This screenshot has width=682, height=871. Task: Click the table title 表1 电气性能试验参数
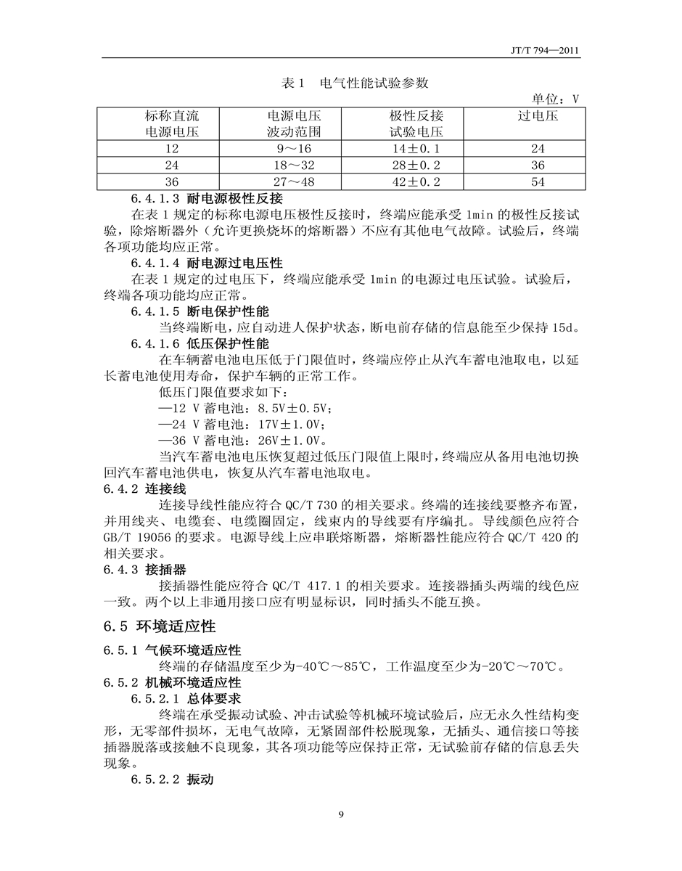point(355,83)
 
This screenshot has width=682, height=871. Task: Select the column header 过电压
point(538,115)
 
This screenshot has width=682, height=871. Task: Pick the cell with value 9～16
point(294,148)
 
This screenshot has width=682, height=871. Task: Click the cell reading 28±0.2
point(416,165)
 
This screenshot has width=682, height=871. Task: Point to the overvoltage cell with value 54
point(538,181)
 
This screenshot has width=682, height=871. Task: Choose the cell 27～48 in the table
point(294,181)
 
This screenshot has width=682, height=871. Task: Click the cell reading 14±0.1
point(416,148)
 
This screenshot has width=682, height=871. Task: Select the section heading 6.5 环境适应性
point(160,626)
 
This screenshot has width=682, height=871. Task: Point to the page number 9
point(341,814)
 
